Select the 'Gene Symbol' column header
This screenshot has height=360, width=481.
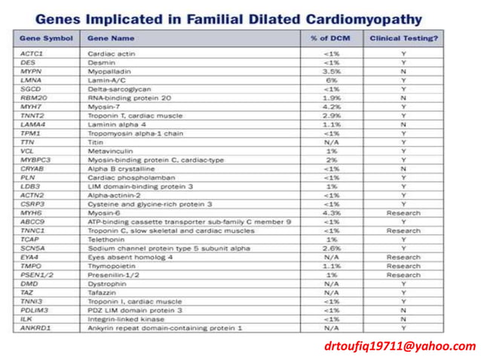click(45, 38)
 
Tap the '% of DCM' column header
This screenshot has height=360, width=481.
click(330, 38)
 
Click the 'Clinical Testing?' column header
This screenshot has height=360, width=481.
click(403, 38)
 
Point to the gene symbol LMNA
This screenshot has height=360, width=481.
click(31, 80)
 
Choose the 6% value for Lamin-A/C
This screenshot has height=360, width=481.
click(331, 80)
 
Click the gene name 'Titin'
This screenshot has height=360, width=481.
click(96, 142)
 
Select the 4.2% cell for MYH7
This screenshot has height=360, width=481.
click(331, 106)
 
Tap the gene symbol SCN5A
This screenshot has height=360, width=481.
click(32, 248)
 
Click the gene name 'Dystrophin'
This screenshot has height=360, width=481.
click(105, 283)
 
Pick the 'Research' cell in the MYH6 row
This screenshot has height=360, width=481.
click(403, 212)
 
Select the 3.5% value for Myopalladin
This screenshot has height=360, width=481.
click(331, 71)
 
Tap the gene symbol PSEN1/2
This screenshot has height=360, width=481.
click(35, 275)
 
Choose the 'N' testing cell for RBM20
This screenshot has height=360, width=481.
click(403, 97)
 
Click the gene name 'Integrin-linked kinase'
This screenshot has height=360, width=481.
click(120, 319)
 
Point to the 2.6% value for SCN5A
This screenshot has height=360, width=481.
click(331, 248)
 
